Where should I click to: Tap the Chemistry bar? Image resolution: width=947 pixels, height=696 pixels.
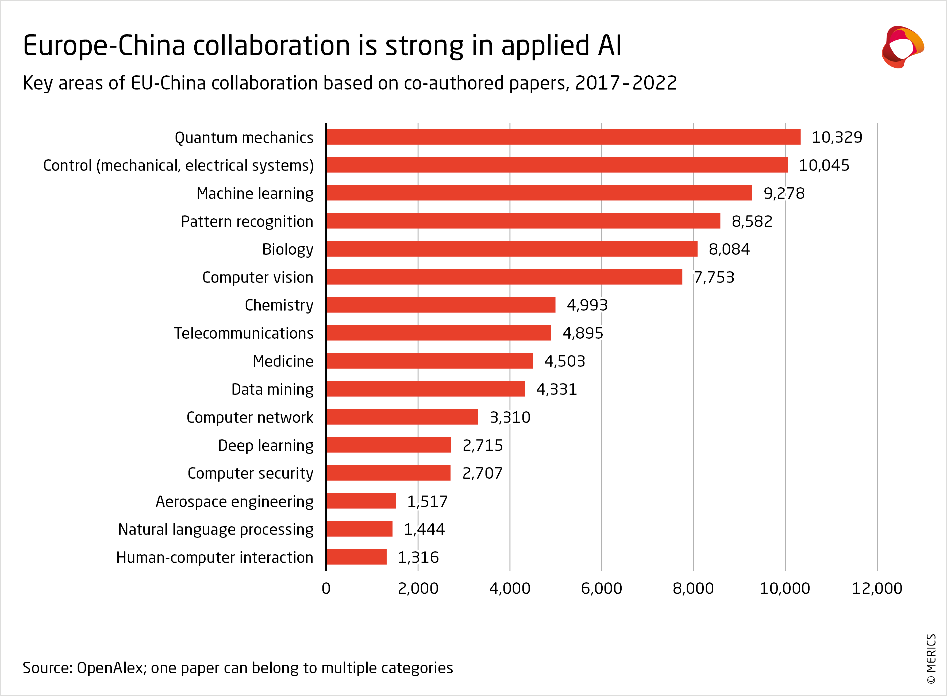point(441,305)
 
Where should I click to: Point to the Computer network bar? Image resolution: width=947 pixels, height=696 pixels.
point(402,417)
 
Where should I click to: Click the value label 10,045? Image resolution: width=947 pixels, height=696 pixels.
point(824,165)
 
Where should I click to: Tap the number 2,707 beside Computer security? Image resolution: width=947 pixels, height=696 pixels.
point(483,473)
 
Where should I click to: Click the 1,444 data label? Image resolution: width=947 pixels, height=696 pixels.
point(424,529)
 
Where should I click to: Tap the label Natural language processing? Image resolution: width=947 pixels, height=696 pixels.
point(215,529)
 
